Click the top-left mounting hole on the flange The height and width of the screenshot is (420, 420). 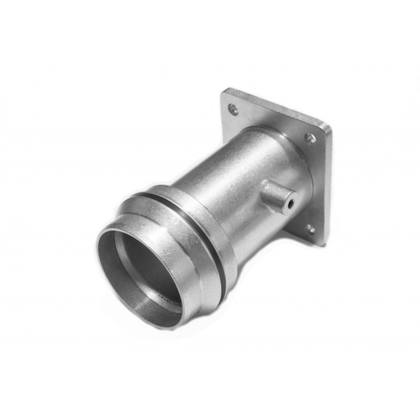[233, 108]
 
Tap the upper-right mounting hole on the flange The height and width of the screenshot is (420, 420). [310, 138]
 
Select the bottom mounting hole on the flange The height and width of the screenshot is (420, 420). [310, 229]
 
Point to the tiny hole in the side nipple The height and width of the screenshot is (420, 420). [290, 204]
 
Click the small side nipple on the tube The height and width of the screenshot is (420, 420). [276, 195]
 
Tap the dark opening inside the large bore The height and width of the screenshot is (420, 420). [146, 262]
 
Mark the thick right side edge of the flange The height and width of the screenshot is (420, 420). [328, 187]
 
